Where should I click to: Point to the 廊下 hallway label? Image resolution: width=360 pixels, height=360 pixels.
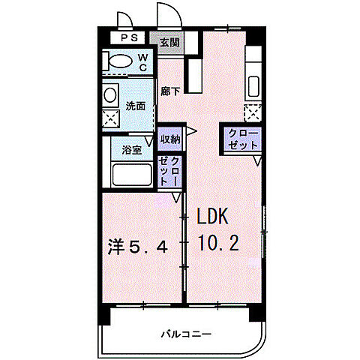click(169, 91)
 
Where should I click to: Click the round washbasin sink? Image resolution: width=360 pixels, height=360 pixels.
click(110, 95)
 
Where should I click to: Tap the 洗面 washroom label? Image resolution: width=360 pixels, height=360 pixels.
click(136, 106)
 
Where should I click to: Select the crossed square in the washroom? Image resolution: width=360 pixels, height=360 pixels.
click(111, 118)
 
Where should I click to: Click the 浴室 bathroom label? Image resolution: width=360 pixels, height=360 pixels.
click(132, 150)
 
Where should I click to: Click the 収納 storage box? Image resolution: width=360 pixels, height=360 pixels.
click(169, 139)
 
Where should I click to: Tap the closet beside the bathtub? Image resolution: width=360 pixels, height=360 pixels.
click(169, 171)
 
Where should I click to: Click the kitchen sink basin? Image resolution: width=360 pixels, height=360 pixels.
click(252, 85)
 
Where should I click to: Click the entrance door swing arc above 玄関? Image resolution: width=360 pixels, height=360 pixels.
click(166, 16)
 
